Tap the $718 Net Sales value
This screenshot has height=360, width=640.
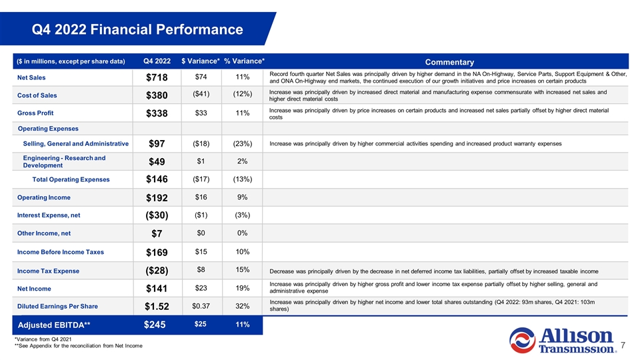[x=157, y=78]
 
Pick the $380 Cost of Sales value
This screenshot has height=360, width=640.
[x=157, y=96]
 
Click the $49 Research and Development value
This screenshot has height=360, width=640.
[x=157, y=162]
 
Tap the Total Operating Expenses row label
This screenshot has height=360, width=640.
[x=71, y=179]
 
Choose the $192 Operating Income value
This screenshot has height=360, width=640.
[x=157, y=198]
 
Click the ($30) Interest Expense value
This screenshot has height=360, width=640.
[x=157, y=216]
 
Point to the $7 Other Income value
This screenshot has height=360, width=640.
[x=157, y=234]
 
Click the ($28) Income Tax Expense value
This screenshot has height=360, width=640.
[x=157, y=271]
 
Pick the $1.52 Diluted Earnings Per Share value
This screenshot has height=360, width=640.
[x=157, y=307]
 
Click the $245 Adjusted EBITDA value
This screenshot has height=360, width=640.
[x=157, y=325]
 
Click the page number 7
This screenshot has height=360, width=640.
[x=622, y=346]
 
